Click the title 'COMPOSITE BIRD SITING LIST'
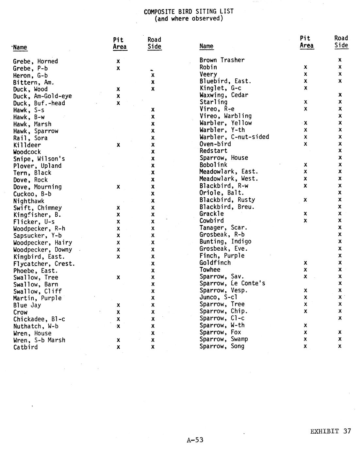click(x=188, y=11)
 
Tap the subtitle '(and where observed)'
click(x=188, y=19)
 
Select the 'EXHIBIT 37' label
click(x=330, y=431)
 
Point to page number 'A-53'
click(x=195, y=440)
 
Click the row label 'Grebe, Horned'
click(x=35, y=61)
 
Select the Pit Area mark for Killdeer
click(x=118, y=145)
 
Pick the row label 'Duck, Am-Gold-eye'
click(x=42, y=96)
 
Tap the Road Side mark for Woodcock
click(x=153, y=152)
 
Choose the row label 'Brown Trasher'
click(x=222, y=60)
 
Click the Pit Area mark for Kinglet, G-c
click(x=305, y=88)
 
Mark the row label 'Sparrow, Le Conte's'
click(x=232, y=283)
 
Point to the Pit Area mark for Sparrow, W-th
click(x=305, y=325)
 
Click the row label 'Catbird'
click(x=25, y=347)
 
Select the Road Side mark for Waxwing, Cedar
click(x=340, y=95)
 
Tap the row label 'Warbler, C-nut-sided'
click(x=234, y=137)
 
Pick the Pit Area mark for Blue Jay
click(x=118, y=305)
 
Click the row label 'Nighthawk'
click(x=29, y=201)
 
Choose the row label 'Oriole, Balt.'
click(x=222, y=192)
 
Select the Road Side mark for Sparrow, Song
click(x=340, y=346)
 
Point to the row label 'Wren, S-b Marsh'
click(x=39, y=340)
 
